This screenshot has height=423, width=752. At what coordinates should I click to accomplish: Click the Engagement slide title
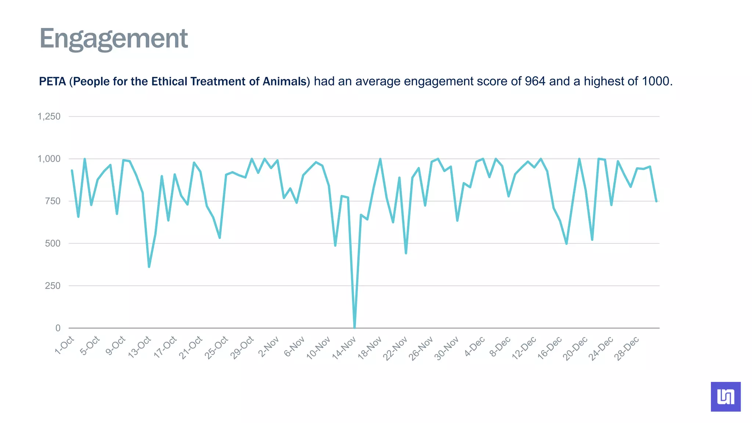pyautogui.click(x=113, y=39)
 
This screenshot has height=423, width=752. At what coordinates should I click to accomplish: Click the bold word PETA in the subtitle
pyautogui.click(x=52, y=81)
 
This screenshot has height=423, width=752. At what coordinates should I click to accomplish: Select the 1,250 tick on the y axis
pyautogui.click(x=49, y=117)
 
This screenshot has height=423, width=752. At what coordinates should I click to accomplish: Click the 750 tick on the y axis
pyautogui.click(x=53, y=201)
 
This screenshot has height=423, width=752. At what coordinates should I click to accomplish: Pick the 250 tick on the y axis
pyautogui.click(x=53, y=286)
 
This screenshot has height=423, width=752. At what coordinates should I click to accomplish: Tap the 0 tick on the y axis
pyautogui.click(x=58, y=328)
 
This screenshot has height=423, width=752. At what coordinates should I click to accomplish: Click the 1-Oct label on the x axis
pyautogui.click(x=65, y=345)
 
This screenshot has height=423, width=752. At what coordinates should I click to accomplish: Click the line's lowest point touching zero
pyautogui.click(x=354, y=327)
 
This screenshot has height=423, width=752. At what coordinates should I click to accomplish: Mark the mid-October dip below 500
pyautogui.click(x=149, y=267)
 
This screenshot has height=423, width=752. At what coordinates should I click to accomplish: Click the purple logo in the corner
pyautogui.click(x=726, y=397)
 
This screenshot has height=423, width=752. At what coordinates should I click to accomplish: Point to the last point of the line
pyautogui.click(x=656, y=201)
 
